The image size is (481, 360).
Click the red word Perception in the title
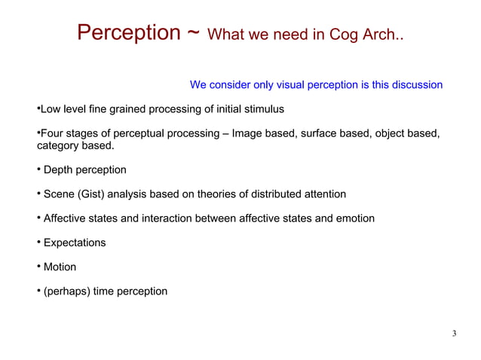[128, 33]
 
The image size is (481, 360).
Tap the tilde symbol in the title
[193, 35]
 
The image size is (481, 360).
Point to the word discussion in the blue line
[415, 84]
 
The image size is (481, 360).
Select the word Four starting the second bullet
[51, 133]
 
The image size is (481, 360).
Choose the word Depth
[58, 170]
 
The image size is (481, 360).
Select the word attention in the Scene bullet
[322, 194]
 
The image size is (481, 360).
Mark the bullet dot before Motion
[39, 267]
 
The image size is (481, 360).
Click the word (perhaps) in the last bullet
[66, 291]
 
